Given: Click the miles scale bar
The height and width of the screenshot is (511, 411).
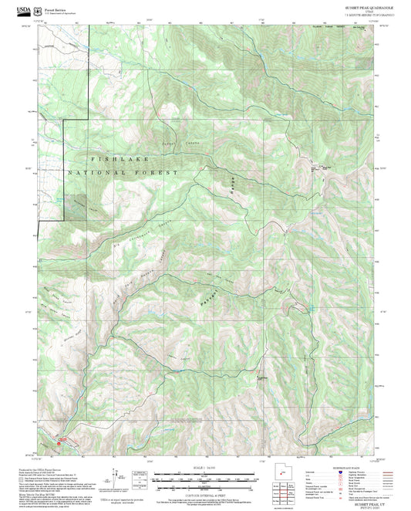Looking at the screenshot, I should pos(206,474).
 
